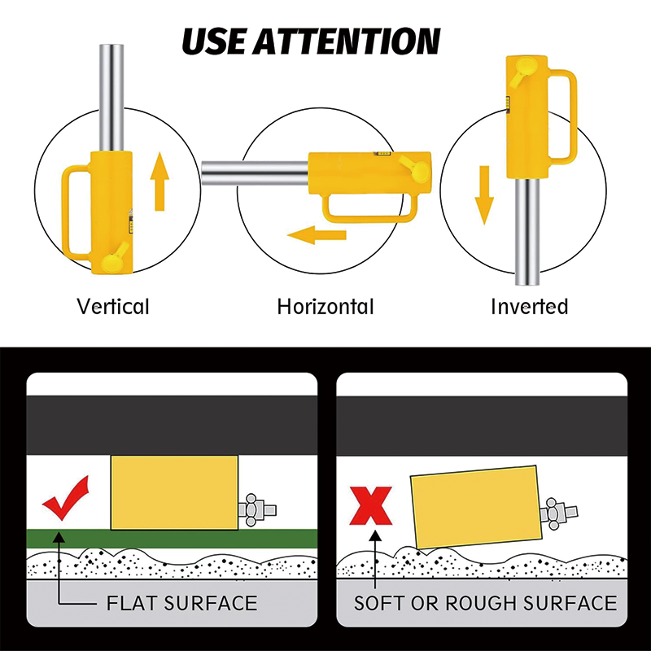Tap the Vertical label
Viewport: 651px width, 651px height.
pyautogui.click(x=113, y=307)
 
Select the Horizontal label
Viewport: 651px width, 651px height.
pyautogui.click(x=325, y=307)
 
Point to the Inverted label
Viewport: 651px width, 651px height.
pyautogui.click(x=529, y=307)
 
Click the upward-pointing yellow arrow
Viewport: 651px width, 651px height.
pyautogui.click(x=159, y=183)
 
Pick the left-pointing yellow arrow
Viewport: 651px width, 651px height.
pyautogui.click(x=317, y=237)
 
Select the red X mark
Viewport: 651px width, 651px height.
pyautogui.click(x=371, y=505)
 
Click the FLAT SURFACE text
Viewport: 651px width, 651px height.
pyautogui.click(x=181, y=603)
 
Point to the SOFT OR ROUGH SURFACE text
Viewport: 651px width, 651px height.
pyautogui.click(x=485, y=603)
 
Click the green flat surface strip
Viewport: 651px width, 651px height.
pyautogui.click(x=171, y=538)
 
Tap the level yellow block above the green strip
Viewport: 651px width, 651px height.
pyautogui.click(x=174, y=492)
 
